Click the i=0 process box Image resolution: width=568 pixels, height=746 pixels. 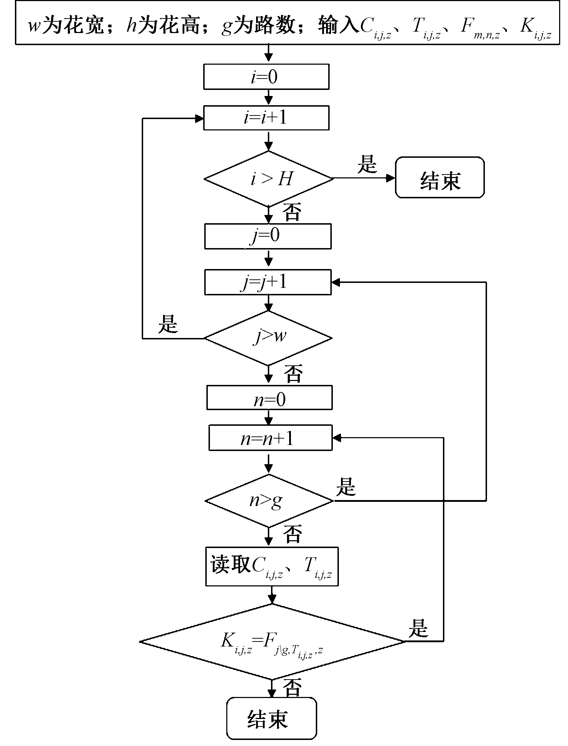(266, 77)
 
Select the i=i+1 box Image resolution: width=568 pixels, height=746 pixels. (266, 118)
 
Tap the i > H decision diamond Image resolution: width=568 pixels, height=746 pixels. (269, 179)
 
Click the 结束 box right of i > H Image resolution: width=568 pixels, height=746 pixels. (440, 177)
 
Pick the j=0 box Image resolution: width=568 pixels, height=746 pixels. (268, 236)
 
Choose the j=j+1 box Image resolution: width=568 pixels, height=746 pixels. (268, 283)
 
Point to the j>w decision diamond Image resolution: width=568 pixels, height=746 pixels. (269, 338)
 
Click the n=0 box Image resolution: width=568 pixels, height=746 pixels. (269, 398)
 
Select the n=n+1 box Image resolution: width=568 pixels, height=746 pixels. (270, 438)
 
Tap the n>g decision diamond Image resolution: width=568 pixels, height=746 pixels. (269, 501)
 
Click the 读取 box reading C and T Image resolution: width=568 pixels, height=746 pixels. (272, 566)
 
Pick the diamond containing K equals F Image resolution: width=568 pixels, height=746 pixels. (272, 642)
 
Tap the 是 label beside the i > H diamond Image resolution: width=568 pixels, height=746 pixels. (367, 164)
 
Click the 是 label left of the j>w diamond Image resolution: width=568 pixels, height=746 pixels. (168, 324)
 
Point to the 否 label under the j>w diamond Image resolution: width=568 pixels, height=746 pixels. (293, 374)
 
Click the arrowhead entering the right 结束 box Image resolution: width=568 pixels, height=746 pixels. (391, 178)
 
